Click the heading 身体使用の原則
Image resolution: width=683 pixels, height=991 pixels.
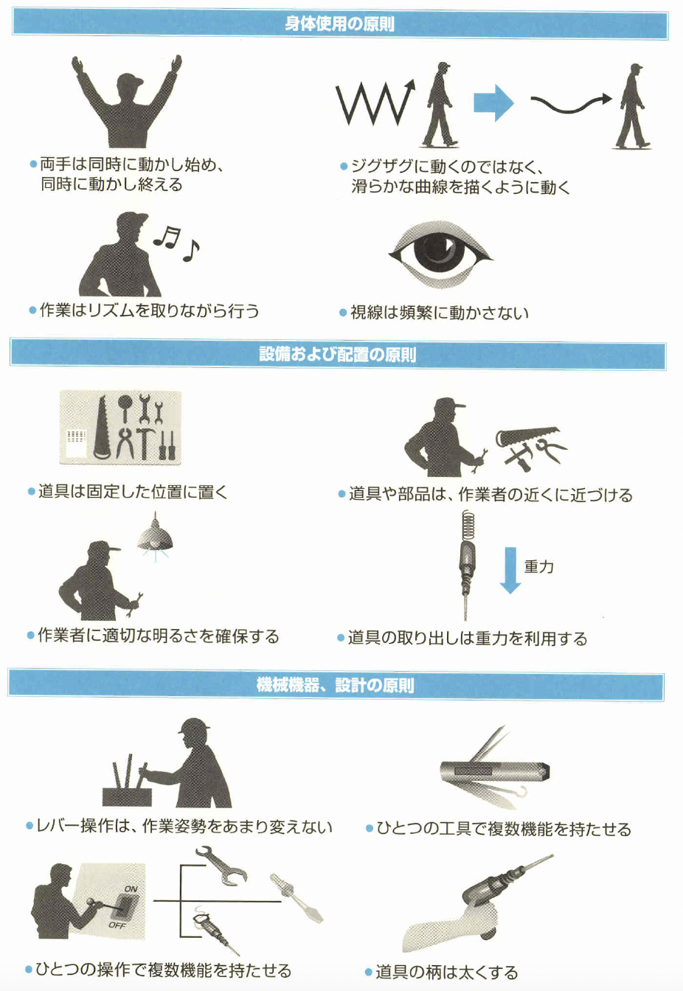[339, 24]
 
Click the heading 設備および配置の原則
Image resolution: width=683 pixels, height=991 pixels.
[337, 355]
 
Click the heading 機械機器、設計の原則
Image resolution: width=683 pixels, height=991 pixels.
[335, 685]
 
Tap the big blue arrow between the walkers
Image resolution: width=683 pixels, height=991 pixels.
[493, 102]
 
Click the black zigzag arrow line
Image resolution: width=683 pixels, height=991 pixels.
[374, 104]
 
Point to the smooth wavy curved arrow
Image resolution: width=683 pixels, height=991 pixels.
[571, 104]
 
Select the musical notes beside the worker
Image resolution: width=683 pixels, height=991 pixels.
[176, 243]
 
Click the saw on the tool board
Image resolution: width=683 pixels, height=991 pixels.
[103, 428]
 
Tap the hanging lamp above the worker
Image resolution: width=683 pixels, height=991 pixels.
[155, 536]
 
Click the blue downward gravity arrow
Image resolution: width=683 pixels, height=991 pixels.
[510, 570]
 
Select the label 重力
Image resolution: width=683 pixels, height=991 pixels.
[538, 566]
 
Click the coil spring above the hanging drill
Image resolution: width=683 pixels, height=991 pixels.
[468, 526]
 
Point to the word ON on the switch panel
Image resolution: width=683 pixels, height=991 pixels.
[131, 889]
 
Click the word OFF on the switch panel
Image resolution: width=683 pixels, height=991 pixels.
[117, 925]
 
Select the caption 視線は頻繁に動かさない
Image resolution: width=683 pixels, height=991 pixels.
[440, 313]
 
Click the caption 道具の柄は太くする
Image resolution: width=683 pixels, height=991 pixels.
[447, 973]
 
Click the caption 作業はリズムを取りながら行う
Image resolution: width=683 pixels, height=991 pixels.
[149, 310]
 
